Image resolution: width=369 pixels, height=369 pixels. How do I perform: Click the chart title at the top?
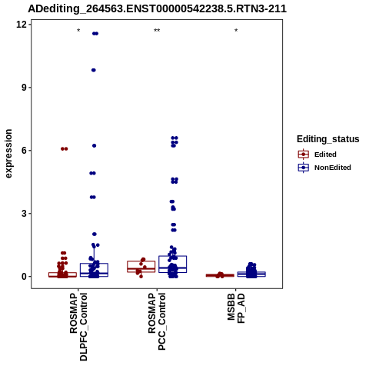[x=157, y=8]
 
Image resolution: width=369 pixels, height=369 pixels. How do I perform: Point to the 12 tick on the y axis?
[x=21, y=25]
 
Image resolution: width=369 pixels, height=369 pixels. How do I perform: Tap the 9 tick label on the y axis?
[x=24, y=88]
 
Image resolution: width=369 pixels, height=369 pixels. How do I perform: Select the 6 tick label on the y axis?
[x=24, y=151]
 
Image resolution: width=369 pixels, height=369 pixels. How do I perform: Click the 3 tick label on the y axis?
[x=24, y=214]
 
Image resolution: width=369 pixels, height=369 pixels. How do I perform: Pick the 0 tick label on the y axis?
[x=24, y=277]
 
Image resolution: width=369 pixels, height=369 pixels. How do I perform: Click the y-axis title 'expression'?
[x=8, y=154]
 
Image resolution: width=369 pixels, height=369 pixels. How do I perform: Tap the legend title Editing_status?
[x=328, y=139]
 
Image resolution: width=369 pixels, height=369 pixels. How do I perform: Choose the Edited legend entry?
[x=317, y=155]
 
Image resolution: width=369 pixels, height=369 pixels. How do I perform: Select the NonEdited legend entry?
[x=324, y=168]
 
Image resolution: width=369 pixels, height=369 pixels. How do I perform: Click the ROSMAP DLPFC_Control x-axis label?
[x=78, y=327]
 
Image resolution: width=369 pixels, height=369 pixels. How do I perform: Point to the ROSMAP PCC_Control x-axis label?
[x=157, y=322]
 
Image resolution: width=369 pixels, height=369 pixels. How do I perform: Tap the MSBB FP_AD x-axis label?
[x=236, y=308]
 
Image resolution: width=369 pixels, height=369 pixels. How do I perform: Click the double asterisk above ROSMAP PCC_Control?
[x=157, y=31]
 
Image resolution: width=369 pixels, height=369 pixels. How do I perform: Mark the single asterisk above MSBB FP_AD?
[x=236, y=31]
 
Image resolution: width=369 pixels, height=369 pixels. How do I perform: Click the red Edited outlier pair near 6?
[x=65, y=149]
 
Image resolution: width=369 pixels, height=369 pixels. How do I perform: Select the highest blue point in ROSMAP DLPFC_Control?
[x=95, y=34]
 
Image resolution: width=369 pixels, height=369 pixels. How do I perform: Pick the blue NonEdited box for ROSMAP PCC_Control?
[x=172, y=264]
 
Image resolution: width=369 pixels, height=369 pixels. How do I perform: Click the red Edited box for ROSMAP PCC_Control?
[x=141, y=267]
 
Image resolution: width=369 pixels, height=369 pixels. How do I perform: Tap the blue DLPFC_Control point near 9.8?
[x=94, y=70]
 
